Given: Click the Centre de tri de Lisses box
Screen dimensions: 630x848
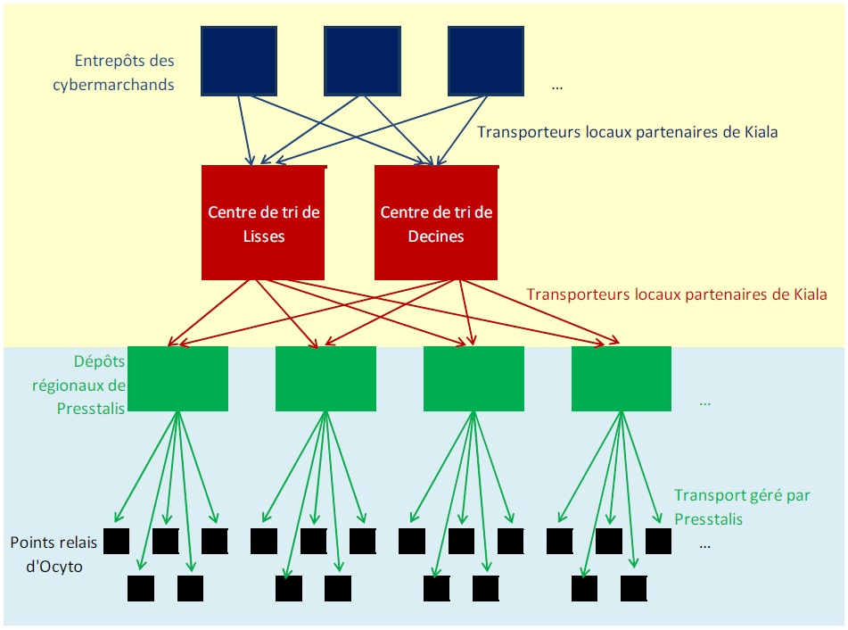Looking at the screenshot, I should pos(263,223).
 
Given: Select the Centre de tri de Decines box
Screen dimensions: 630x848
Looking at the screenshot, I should pos(436,223).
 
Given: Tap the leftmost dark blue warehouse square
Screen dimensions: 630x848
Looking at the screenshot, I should pos(238,61).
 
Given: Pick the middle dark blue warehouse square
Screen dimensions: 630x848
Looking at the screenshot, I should pos(361,61).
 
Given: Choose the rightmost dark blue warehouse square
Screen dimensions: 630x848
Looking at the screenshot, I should pos(485,61).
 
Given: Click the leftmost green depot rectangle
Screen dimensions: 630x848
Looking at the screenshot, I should pos(178,378).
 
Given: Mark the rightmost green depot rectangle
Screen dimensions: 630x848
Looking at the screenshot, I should pos(621,378).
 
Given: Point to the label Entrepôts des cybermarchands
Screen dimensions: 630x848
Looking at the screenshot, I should pos(125,73).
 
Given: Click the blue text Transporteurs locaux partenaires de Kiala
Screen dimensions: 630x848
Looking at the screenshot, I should pos(628,132).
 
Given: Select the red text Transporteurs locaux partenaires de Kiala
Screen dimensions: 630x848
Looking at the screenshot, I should pos(677,294).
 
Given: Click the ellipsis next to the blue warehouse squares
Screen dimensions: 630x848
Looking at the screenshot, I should pos(557,87).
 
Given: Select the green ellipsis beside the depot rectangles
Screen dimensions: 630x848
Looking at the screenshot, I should pos(704,402).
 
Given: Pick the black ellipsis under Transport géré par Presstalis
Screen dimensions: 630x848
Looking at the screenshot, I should pos(706,543).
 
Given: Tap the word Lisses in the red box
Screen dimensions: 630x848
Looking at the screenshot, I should pos(263,236).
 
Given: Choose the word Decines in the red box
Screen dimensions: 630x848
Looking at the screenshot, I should pos(436,236).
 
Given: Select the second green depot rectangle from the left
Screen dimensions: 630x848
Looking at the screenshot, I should pos(325,378).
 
